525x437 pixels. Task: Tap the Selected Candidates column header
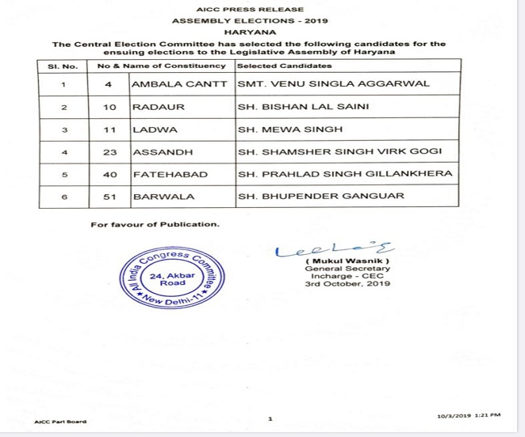(x=284, y=65)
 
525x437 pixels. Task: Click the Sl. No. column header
(x=63, y=65)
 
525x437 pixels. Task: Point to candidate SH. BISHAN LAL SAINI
(x=298, y=106)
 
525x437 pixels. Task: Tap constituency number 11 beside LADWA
(x=111, y=129)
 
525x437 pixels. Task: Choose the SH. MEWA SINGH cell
(x=280, y=129)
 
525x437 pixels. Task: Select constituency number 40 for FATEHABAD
(x=111, y=174)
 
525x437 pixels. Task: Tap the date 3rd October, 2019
(x=346, y=284)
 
